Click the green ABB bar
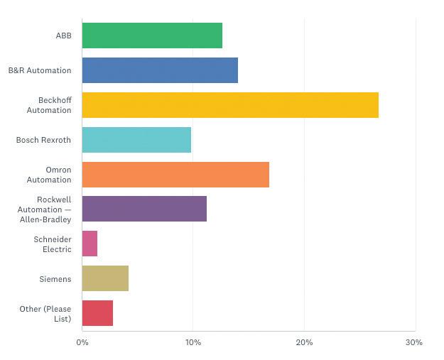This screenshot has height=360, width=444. [152, 36]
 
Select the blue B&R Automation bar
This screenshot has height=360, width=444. [160, 70]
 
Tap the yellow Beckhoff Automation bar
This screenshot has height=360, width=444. [230, 105]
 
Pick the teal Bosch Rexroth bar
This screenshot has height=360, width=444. [137, 140]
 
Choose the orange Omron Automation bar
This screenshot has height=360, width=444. [176, 175]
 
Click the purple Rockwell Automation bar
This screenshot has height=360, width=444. [144, 209]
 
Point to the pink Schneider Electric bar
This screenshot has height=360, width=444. [90, 244]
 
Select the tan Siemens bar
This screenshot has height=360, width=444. [105, 278]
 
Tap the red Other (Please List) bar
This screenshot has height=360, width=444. [98, 313]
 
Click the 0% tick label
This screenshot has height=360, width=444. [82, 342]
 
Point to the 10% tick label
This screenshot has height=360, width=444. [193, 342]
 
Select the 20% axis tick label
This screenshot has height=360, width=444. [304, 342]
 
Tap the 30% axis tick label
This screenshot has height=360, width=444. [414, 342]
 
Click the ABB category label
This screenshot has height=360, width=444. [64, 36]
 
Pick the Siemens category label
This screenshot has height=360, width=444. [55, 279]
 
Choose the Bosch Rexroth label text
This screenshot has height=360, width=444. [43, 140]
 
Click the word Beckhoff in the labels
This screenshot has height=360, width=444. [55, 100]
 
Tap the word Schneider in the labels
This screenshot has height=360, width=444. [53, 239]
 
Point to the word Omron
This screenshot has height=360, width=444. [59, 170]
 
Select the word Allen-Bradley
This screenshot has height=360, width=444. [45, 219]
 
